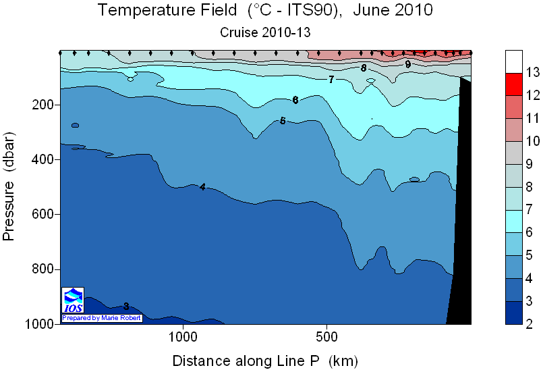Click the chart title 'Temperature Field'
coord(167,9)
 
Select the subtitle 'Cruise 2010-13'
coord(265,32)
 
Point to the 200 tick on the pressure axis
coord(43,105)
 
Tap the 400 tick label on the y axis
coord(43,159)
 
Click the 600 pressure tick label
coord(43,214)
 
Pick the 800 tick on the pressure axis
coord(43,269)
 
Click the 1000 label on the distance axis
coord(183,336)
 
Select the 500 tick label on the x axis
coord(326,336)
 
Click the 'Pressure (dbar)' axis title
coord(9,186)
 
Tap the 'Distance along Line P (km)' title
coord(265,361)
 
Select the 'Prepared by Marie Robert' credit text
coord(102,318)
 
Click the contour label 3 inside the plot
coord(126,306)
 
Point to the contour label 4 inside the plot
coord(202,187)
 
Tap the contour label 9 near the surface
coord(408,64)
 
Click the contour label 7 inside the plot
coord(331,80)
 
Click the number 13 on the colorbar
coord(532,72)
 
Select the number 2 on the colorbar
coord(529,324)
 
